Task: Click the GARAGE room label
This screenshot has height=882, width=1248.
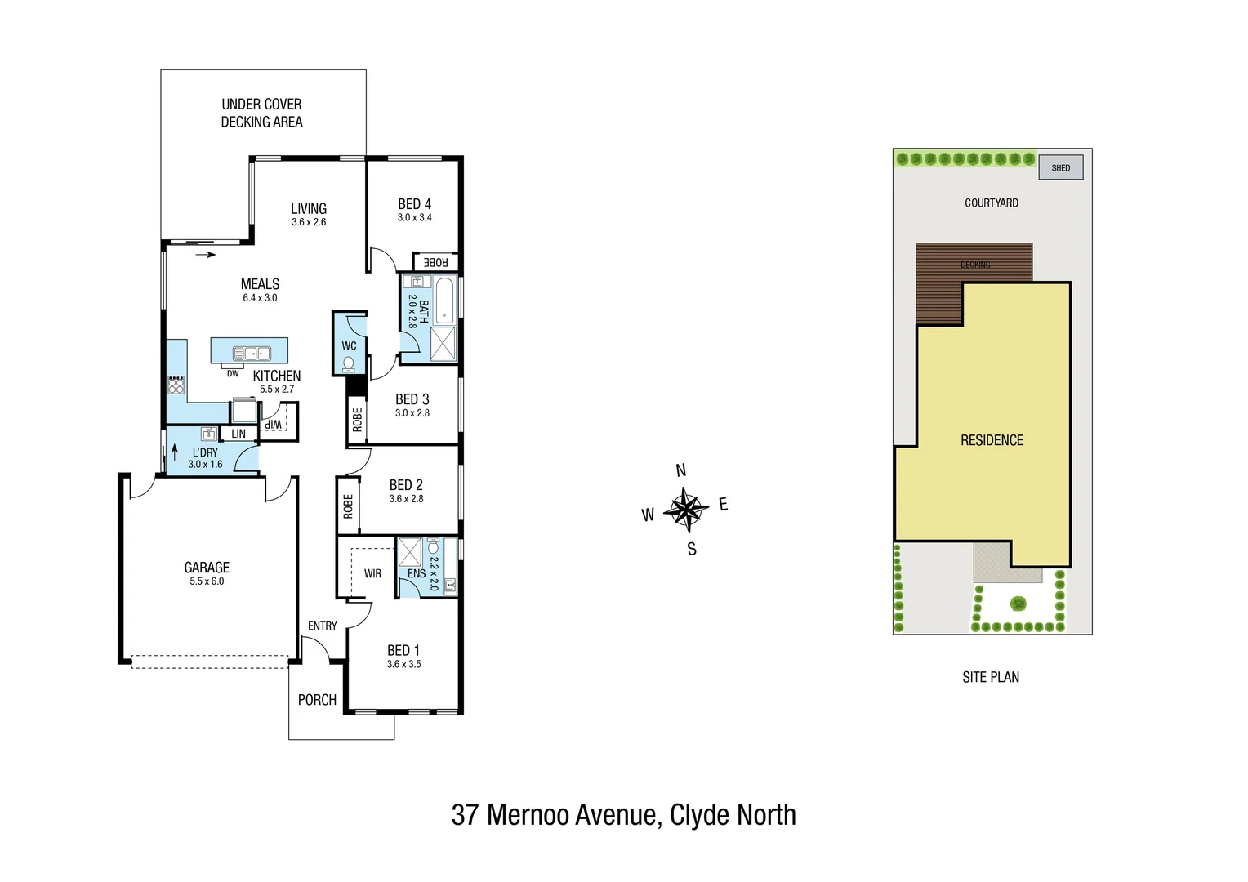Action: click(x=207, y=568)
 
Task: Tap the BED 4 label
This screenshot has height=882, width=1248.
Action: click(x=414, y=204)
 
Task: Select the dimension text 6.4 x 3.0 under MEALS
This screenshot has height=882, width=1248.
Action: click(x=260, y=298)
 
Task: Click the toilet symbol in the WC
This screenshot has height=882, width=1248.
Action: click(x=349, y=363)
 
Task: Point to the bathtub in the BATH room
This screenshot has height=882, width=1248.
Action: click(x=444, y=301)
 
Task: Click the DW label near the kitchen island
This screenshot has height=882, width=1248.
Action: click(x=233, y=374)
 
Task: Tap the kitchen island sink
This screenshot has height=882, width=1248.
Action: click(x=252, y=354)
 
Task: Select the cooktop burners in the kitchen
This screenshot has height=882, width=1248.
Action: click(x=176, y=385)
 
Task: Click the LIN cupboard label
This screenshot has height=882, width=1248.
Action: click(x=238, y=434)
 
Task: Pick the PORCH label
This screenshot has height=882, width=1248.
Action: click(x=317, y=700)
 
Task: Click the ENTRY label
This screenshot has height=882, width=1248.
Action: click(x=323, y=626)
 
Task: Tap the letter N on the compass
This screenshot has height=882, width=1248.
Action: click(x=681, y=470)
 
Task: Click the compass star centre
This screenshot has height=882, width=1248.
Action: click(x=686, y=510)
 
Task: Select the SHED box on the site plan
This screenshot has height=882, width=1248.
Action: click(x=1060, y=168)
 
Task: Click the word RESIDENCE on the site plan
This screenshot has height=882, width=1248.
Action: click(x=992, y=440)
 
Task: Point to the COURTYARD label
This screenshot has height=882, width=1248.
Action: click(x=991, y=203)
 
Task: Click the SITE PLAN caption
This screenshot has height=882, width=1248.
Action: click(x=991, y=677)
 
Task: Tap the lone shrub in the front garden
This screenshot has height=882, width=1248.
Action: click(x=1018, y=604)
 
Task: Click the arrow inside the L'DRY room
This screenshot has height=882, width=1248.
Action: click(x=175, y=452)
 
